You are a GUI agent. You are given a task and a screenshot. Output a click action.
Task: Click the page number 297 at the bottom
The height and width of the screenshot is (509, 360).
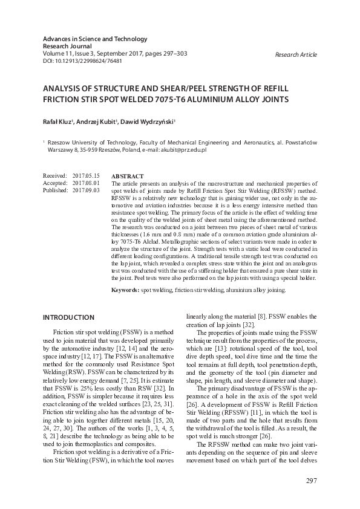click(309, 481)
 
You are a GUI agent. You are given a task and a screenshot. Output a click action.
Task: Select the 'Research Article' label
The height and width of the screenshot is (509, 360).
click(296, 54)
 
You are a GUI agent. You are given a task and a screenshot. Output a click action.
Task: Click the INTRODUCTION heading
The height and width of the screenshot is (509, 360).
click(68, 317)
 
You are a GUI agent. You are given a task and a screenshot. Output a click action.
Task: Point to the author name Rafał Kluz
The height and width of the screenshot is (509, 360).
click(57, 122)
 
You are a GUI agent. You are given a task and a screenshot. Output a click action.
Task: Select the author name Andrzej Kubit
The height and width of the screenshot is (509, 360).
click(97, 122)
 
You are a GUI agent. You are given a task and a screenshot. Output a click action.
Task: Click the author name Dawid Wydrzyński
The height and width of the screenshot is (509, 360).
click(147, 122)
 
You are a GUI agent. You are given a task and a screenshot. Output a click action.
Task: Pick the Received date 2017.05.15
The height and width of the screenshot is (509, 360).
click(86, 175)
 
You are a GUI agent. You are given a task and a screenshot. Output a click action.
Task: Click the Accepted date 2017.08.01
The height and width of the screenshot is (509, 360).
click(86, 183)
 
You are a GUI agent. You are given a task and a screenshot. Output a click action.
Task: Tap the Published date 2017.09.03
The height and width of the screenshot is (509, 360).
click(86, 190)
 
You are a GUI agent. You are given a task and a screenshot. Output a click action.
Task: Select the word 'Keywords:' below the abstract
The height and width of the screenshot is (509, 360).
click(125, 290)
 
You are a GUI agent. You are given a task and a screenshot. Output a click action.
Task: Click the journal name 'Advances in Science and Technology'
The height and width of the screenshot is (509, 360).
click(95, 39)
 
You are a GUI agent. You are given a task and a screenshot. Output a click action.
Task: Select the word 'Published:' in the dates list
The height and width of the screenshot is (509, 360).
click(56, 190)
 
